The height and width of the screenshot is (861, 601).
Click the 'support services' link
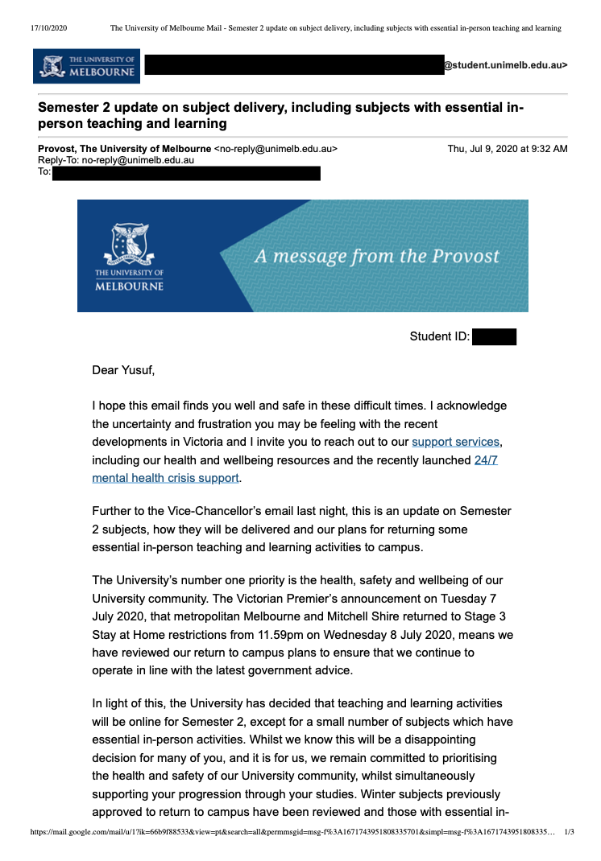point(456,442)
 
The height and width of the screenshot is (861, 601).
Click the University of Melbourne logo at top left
point(86,66)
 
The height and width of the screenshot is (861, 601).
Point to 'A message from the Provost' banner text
point(376,257)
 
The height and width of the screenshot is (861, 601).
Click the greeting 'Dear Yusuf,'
point(123,370)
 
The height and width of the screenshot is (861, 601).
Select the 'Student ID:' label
point(439,336)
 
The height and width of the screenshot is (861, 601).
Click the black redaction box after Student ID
point(494,336)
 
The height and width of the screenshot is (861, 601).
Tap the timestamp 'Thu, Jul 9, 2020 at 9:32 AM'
point(508,149)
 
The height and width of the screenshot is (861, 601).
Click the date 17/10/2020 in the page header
point(49,28)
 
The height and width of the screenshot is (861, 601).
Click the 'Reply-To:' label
point(59,160)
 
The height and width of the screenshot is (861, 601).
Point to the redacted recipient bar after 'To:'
point(186,172)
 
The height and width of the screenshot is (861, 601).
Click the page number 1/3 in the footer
point(569,832)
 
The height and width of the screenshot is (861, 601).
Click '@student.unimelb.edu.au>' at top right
point(506,65)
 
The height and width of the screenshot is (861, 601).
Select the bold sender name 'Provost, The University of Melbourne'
point(125,149)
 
